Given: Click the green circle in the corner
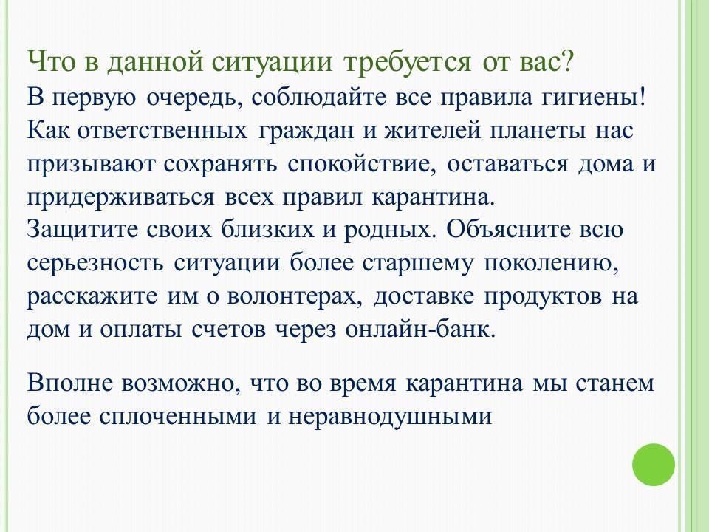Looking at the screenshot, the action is pos(654,465).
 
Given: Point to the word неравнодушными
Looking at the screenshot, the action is pos(390,417).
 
